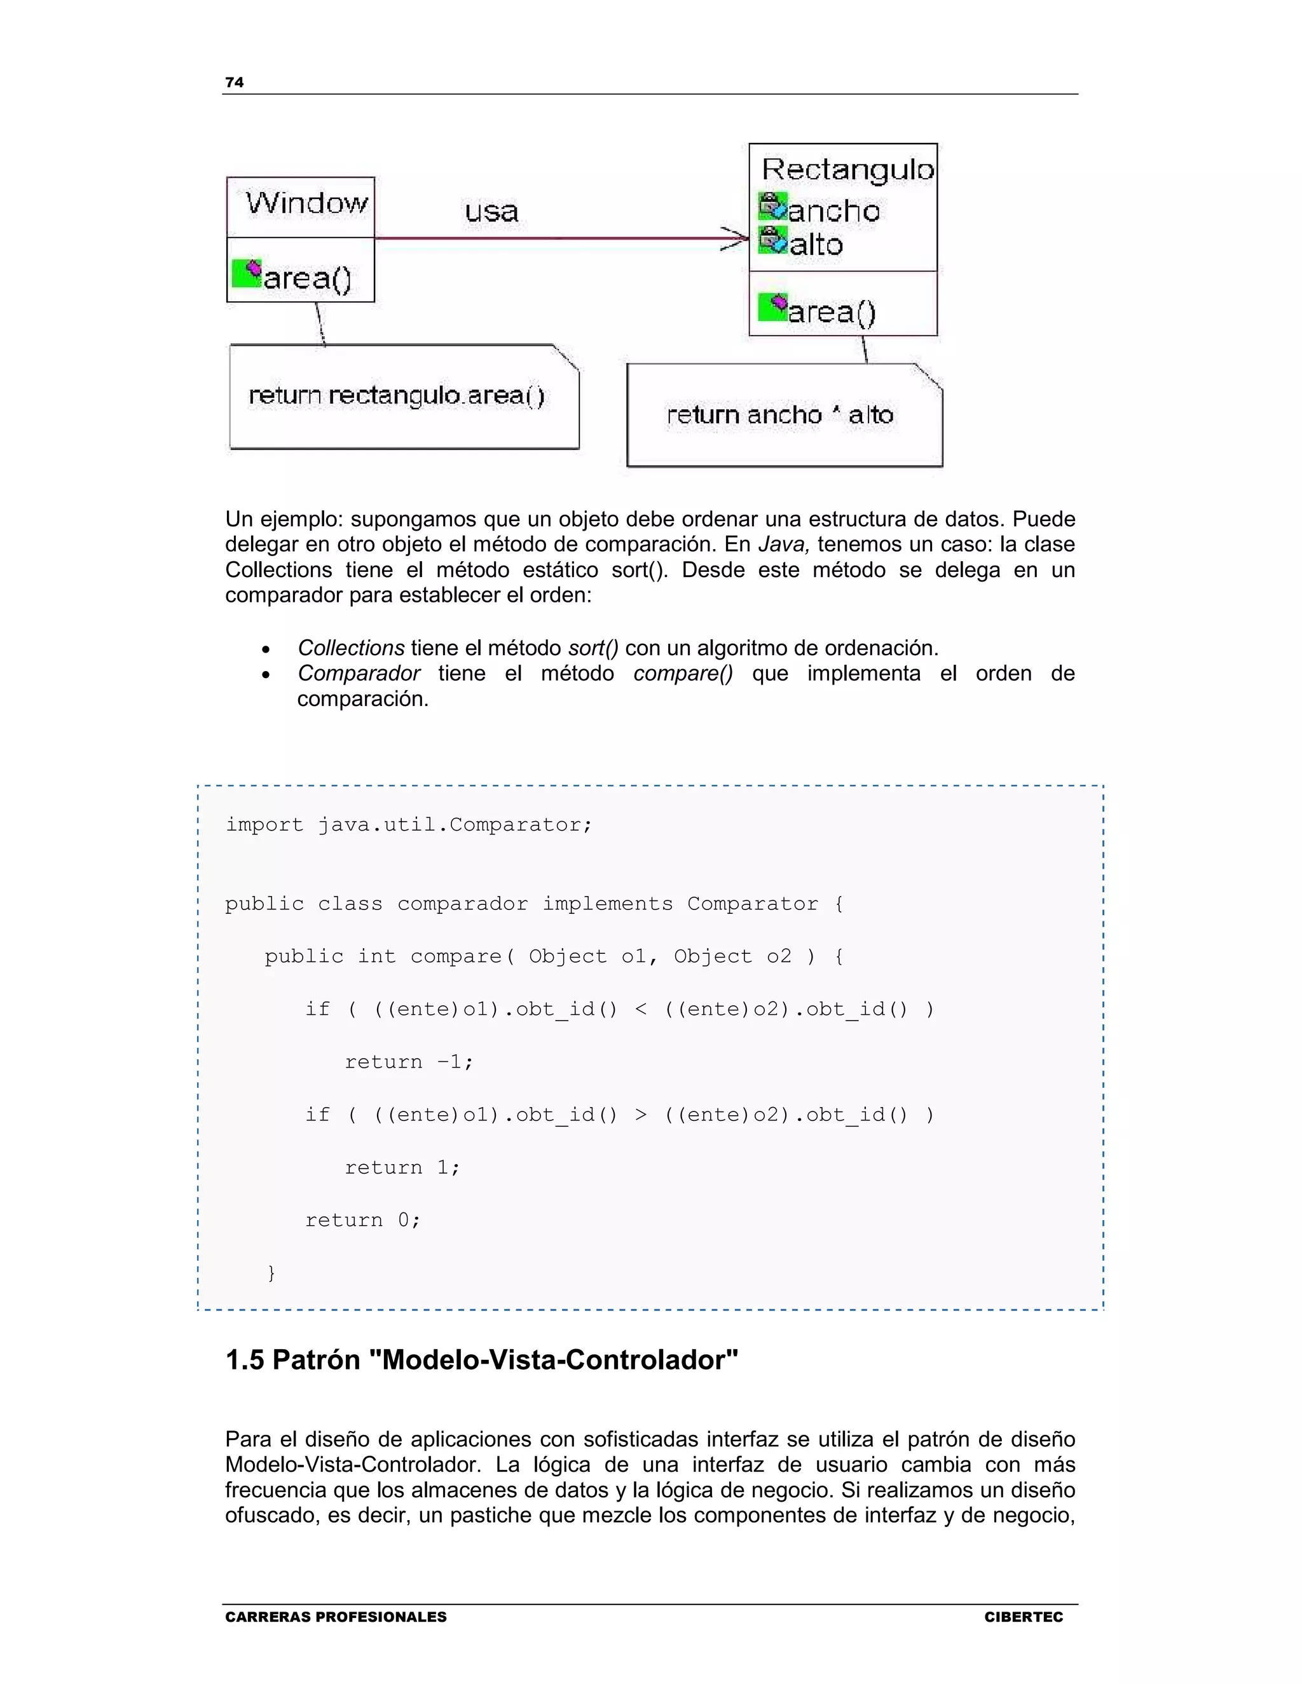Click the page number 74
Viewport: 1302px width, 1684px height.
(x=234, y=83)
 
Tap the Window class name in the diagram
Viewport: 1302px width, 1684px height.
(x=307, y=203)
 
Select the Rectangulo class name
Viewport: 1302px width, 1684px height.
(x=847, y=170)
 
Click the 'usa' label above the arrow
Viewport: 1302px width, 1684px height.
(x=491, y=211)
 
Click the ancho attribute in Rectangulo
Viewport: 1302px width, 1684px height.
(x=834, y=211)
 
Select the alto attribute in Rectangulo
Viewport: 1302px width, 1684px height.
(x=816, y=245)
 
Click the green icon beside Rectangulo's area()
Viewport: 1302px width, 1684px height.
(x=772, y=307)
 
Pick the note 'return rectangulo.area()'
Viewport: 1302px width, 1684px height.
(x=397, y=395)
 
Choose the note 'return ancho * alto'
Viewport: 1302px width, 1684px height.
(x=780, y=415)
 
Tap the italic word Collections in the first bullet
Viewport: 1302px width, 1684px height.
(x=351, y=648)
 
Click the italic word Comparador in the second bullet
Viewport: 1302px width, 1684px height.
(x=359, y=673)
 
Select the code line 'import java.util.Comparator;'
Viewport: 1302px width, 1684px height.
(x=409, y=825)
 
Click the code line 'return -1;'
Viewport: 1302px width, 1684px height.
(x=409, y=1062)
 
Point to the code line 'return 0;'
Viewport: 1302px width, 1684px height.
(x=362, y=1220)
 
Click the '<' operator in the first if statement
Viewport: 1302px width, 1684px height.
(x=640, y=1009)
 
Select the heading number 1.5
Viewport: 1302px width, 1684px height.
(x=245, y=1359)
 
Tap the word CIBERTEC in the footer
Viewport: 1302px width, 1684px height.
(x=1023, y=1617)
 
